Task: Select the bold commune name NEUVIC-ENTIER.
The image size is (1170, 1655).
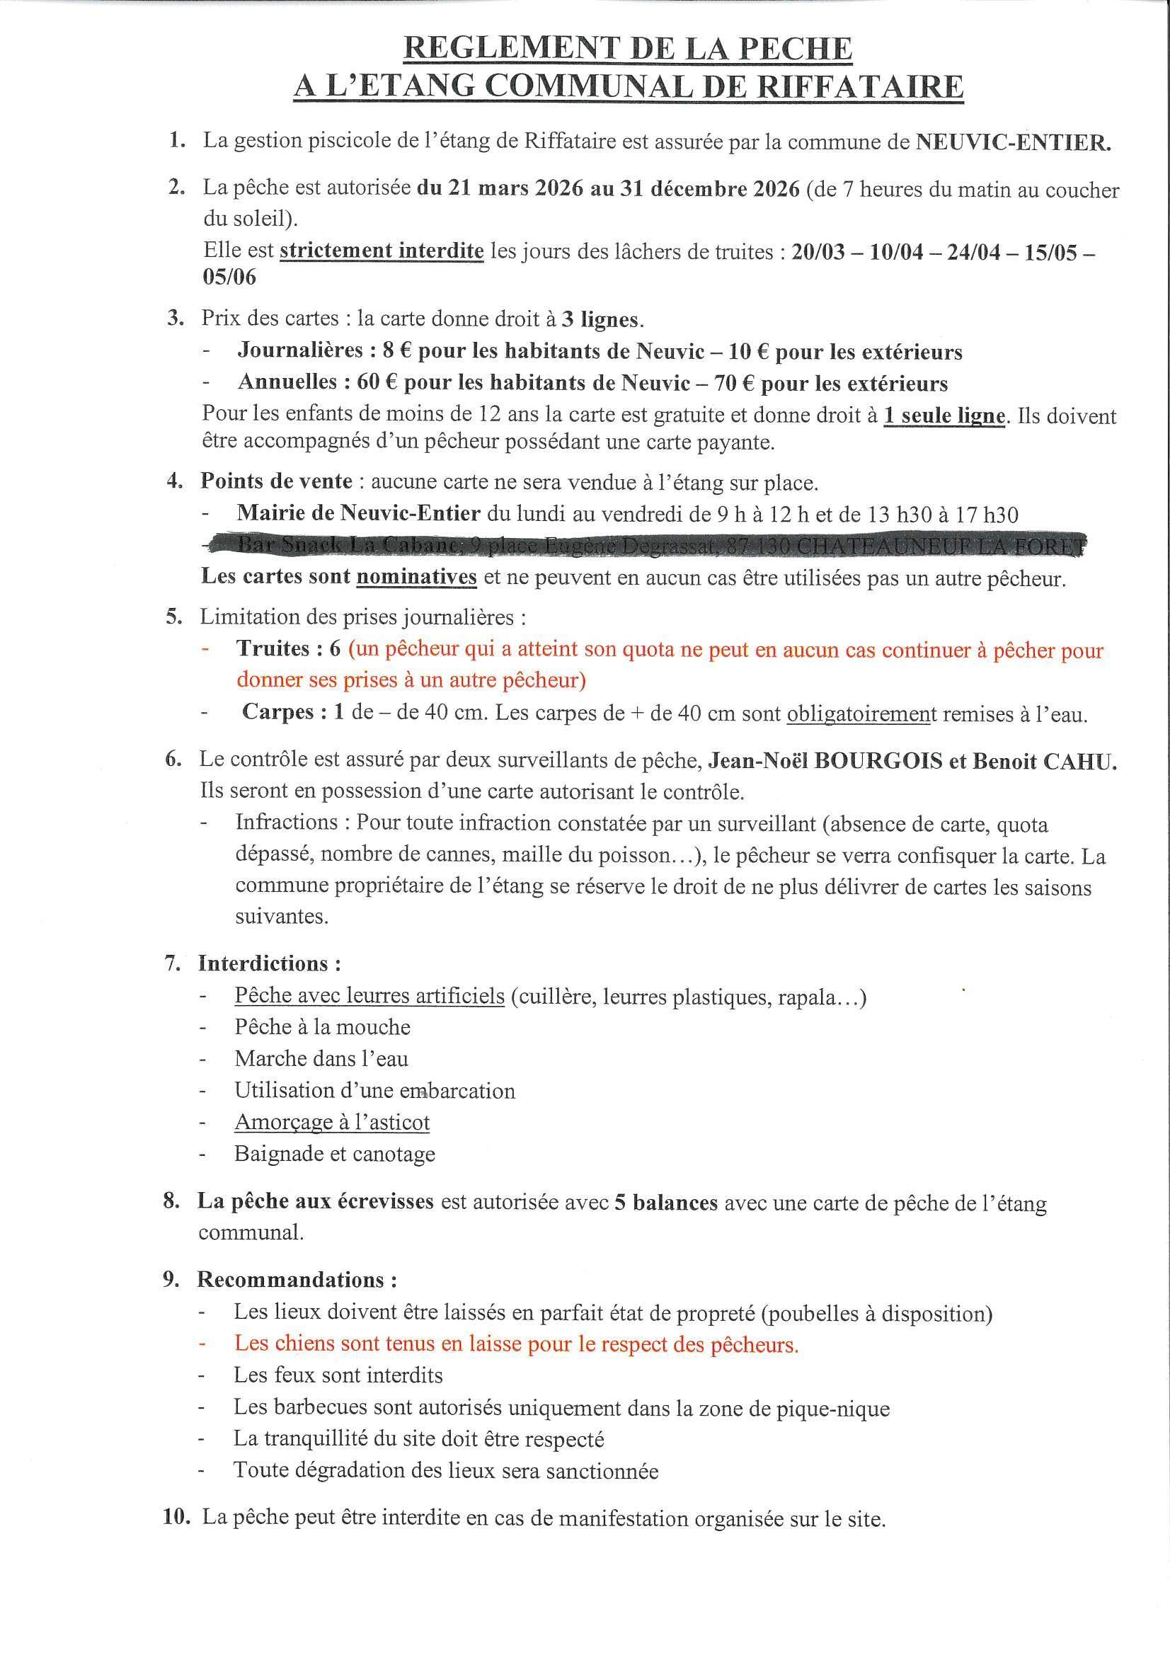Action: coord(1013,142)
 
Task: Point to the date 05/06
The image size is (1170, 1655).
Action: coord(229,277)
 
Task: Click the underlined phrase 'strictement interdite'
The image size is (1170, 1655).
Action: coord(382,251)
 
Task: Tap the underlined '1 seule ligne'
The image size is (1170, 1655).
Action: coord(944,416)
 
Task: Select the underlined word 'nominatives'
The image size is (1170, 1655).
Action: coord(417,578)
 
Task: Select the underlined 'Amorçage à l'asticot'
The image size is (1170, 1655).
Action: coord(332,1122)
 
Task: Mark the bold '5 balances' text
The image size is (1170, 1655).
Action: coord(665,1203)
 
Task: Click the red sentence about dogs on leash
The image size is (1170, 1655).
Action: coord(516,1344)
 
